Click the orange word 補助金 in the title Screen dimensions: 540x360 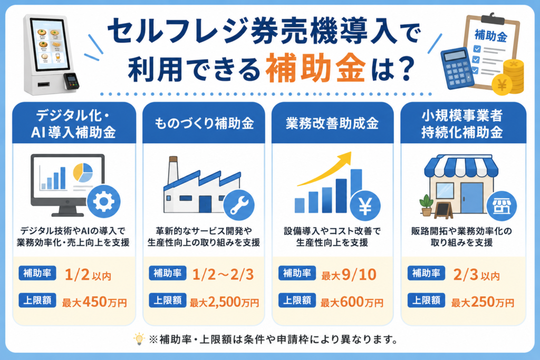(x=315, y=68)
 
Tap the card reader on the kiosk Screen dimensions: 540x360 (x=71, y=81)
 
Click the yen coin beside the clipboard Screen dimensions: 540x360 (x=502, y=85)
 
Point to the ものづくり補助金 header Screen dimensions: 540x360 (x=204, y=123)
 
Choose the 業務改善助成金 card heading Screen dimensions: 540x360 (x=332, y=123)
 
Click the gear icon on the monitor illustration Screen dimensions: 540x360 (x=104, y=202)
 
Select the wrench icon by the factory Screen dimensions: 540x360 (x=239, y=205)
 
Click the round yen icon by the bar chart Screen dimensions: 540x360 (x=365, y=206)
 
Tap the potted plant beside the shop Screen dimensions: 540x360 (x=426, y=205)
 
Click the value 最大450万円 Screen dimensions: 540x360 (x=94, y=302)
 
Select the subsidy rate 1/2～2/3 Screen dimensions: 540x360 (x=223, y=275)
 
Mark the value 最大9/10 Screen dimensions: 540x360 (x=349, y=275)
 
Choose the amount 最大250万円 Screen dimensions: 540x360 (x=483, y=302)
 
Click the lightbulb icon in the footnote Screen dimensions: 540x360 (x=139, y=339)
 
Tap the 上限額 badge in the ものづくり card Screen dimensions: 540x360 (x=167, y=300)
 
